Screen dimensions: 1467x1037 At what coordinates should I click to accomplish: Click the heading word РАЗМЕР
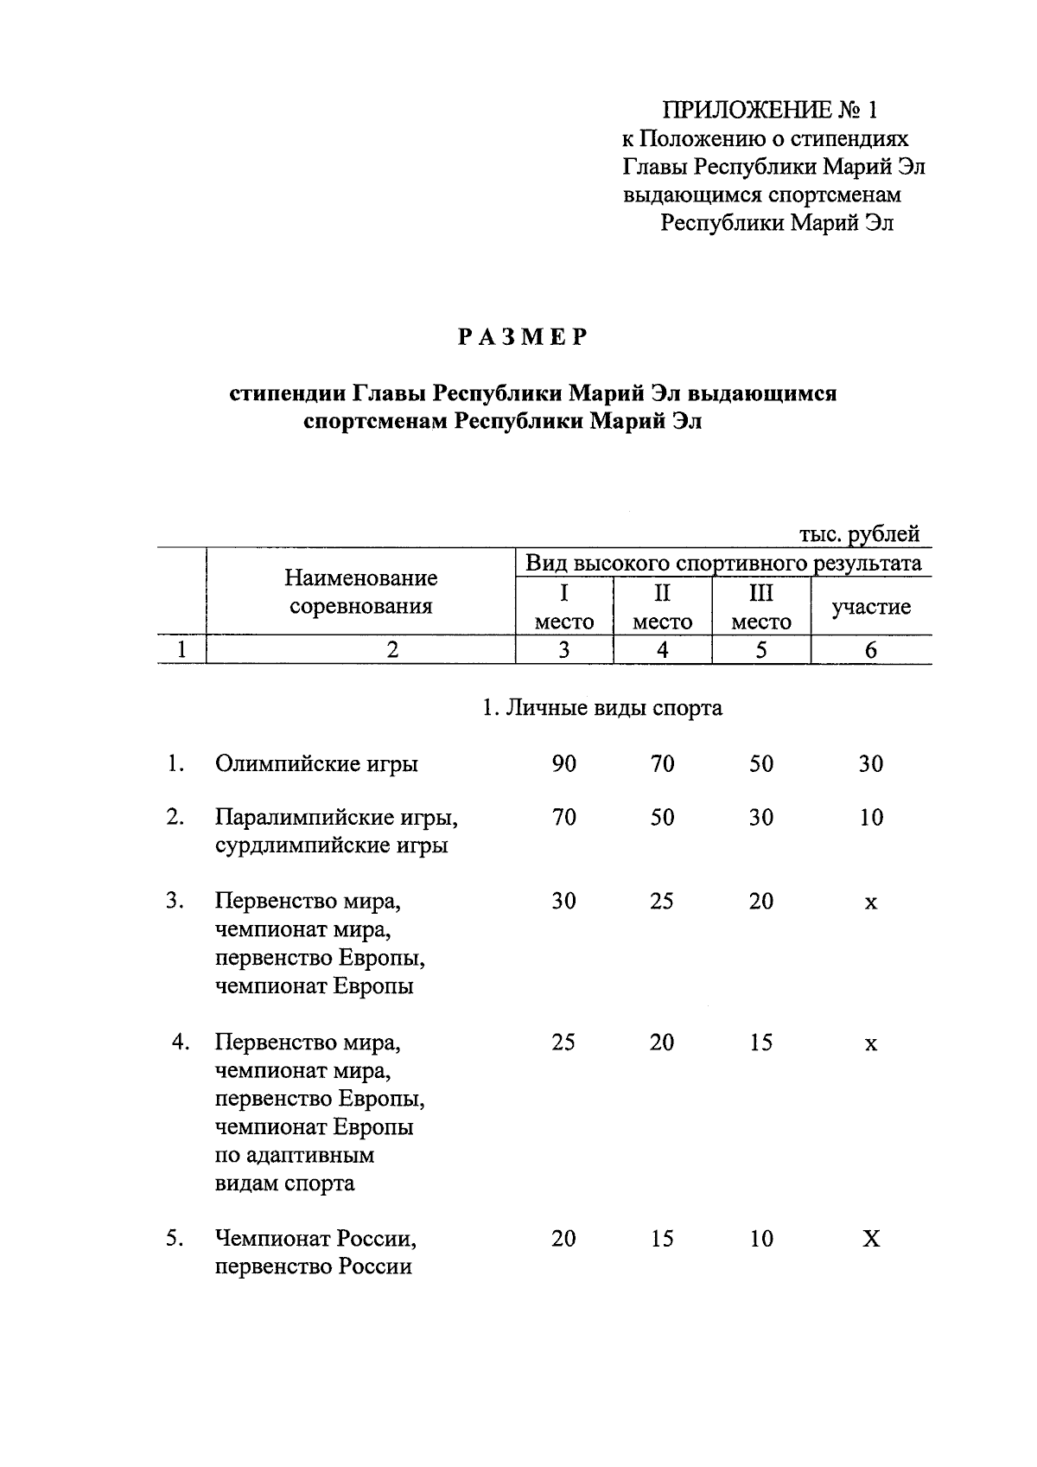point(523,337)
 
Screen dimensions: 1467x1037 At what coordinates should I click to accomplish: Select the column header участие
point(870,607)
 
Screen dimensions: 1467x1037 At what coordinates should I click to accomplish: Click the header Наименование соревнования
point(360,591)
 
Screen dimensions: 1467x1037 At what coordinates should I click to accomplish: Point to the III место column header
point(760,607)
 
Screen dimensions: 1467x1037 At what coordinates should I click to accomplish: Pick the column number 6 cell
point(870,650)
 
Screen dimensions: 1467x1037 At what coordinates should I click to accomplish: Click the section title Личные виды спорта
point(602,708)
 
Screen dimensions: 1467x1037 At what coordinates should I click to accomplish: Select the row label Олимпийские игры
point(316,764)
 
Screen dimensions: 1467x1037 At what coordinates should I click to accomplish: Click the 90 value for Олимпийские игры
point(563,764)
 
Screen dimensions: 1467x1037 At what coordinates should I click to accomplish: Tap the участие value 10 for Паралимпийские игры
point(871,818)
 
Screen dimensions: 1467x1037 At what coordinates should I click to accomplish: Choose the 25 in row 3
point(662,902)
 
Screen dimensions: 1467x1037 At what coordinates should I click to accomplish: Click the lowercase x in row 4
point(871,1044)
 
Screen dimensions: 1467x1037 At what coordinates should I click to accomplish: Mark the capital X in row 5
point(871,1240)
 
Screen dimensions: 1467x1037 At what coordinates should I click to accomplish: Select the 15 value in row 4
point(760,1043)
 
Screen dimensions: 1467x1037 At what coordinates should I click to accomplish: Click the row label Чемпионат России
point(316,1240)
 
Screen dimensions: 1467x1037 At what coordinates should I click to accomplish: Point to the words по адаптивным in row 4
point(294,1156)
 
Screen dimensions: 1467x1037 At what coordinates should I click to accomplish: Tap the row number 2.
point(175,818)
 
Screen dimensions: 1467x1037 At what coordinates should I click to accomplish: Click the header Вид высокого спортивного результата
point(723,564)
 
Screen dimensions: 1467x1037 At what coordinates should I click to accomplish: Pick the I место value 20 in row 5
point(563,1240)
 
